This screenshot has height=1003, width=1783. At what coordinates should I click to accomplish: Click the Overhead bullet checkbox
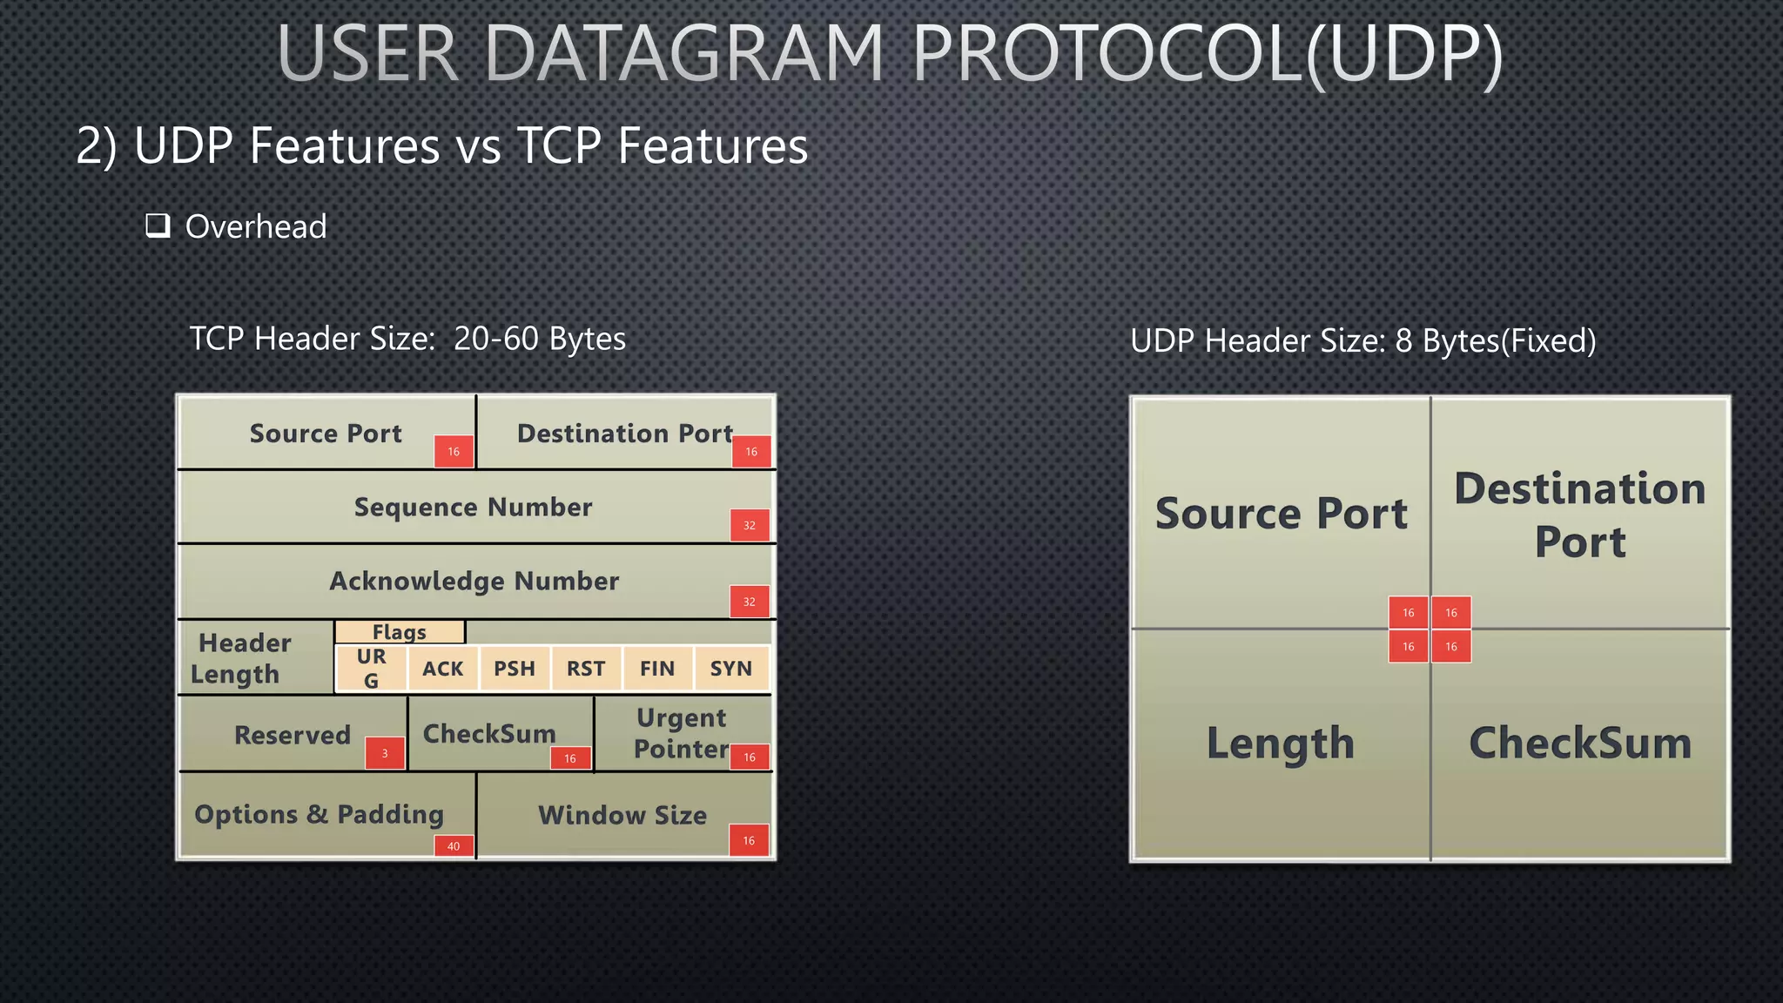pos(158,226)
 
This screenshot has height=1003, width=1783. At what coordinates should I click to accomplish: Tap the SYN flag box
pos(731,669)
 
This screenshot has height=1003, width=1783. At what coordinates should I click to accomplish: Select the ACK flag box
pos(443,669)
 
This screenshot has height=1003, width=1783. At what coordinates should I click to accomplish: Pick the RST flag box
pos(586,669)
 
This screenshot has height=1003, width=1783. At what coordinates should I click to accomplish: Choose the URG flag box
pos(372,669)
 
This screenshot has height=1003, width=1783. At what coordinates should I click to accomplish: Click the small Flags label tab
pos(400,632)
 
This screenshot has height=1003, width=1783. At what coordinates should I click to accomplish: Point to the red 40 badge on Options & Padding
pos(454,846)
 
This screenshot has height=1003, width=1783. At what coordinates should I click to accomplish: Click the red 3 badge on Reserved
pos(385,754)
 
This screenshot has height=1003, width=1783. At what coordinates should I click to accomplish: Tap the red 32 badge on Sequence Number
pos(750,526)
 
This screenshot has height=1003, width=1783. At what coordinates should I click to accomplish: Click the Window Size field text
pos(622,816)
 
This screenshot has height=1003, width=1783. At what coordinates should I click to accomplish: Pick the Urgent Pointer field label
pos(681,733)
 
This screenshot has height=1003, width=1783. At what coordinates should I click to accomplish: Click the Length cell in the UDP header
pos(1281,744)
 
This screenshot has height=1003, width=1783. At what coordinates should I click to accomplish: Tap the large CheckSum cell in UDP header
pos(1580,744)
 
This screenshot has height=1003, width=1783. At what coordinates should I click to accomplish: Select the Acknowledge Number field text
pos(474,582)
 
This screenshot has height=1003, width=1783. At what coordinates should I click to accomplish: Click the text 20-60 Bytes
pos(540,339)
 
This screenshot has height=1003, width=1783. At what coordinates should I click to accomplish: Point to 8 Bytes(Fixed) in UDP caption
pos(1496,341)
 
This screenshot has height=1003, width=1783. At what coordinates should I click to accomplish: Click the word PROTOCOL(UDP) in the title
pos(1208,55)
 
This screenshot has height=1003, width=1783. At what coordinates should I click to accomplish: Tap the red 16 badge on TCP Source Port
pos(454,452)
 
